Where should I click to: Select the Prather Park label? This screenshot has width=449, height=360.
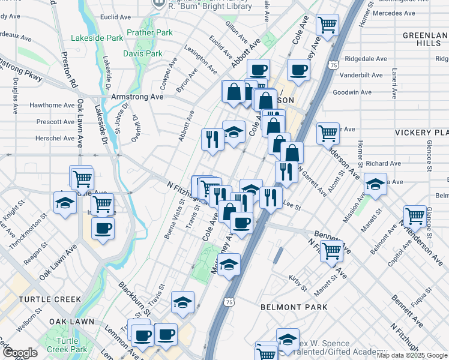point(149,32)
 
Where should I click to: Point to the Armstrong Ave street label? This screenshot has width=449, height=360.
point(137,97)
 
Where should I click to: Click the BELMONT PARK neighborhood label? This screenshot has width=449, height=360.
point(294,307)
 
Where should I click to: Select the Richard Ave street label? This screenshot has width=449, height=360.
point(383,163)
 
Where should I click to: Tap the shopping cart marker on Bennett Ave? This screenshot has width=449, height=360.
point(331,250)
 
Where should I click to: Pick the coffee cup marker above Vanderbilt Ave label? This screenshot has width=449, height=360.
point(298,70)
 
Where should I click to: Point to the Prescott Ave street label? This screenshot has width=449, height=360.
point(55,122)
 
